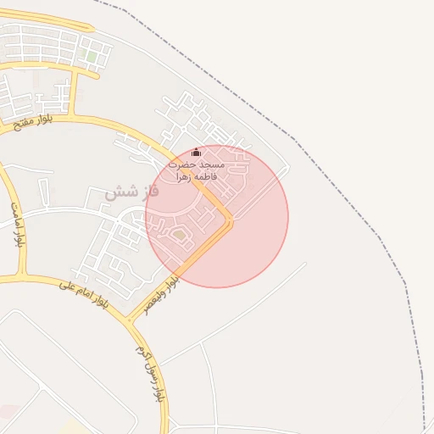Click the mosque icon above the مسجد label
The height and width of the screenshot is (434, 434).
pyautogui.click(x=197, y=153)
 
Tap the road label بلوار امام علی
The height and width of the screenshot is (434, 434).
pyautogui.click(x=86, y=295)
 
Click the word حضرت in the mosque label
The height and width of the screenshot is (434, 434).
pyautogui.click(x=182, y=164)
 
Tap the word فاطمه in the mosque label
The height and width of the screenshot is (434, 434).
pyautogui.click(x=206, y=176)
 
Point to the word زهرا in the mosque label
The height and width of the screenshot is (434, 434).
pyautogui.click(x=183, y=177)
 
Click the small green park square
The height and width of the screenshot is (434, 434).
pyautogui.click(x=91, y=57)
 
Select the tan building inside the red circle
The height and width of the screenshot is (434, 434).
pyautogui.click(x=179, y=234)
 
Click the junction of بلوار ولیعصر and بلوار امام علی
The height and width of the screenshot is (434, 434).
pyautogui.click(x=130, y=320)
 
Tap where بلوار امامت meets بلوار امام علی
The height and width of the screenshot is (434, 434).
pyautogui.click(x=21, y=278)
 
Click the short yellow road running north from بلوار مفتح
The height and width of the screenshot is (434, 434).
pyautogui.click(x=74, y=93)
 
